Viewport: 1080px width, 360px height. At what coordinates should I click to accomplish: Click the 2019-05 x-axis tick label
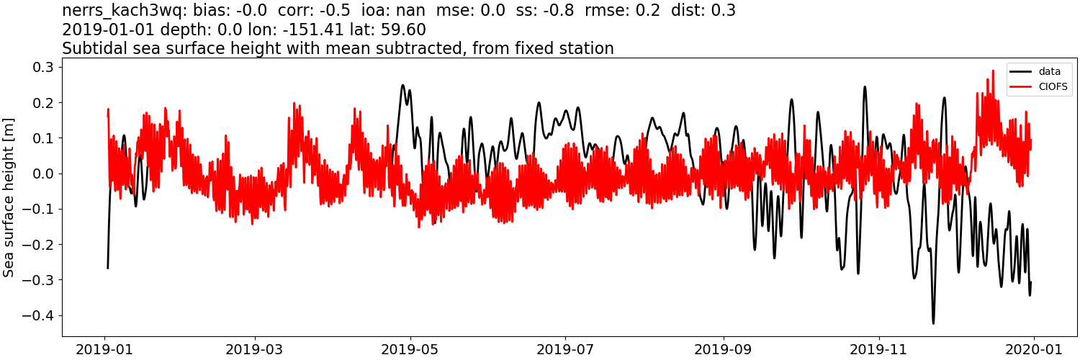410,348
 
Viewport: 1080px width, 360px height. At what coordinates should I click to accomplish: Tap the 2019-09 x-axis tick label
723,348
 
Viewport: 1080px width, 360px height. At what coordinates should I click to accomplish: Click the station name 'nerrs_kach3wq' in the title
124,11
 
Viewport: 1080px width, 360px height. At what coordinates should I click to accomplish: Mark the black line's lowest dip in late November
933,323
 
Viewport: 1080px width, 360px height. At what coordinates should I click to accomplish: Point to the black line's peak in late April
403,85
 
